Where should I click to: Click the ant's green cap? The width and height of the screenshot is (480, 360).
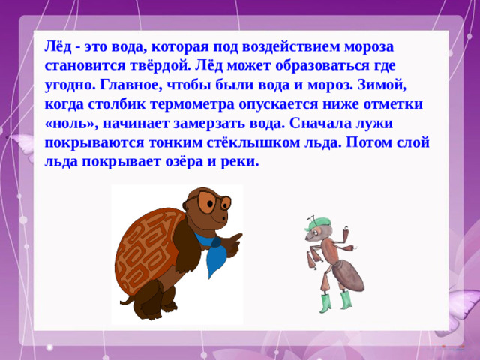pyautogui.click(x=317, y=223)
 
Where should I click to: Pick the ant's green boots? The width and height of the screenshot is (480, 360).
pyautogui.click(x=335, y=302)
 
